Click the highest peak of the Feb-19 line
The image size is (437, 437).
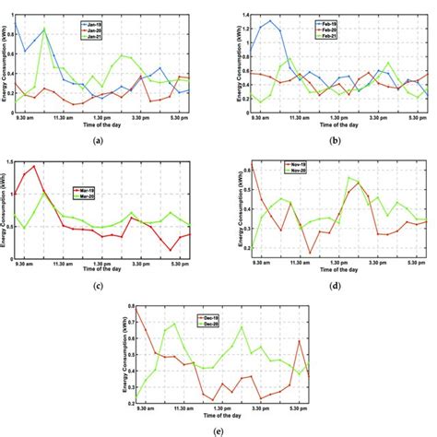click(270, 20)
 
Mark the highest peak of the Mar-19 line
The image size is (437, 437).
click(34, 167)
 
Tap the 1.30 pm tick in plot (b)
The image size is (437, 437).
click(340, 116)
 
